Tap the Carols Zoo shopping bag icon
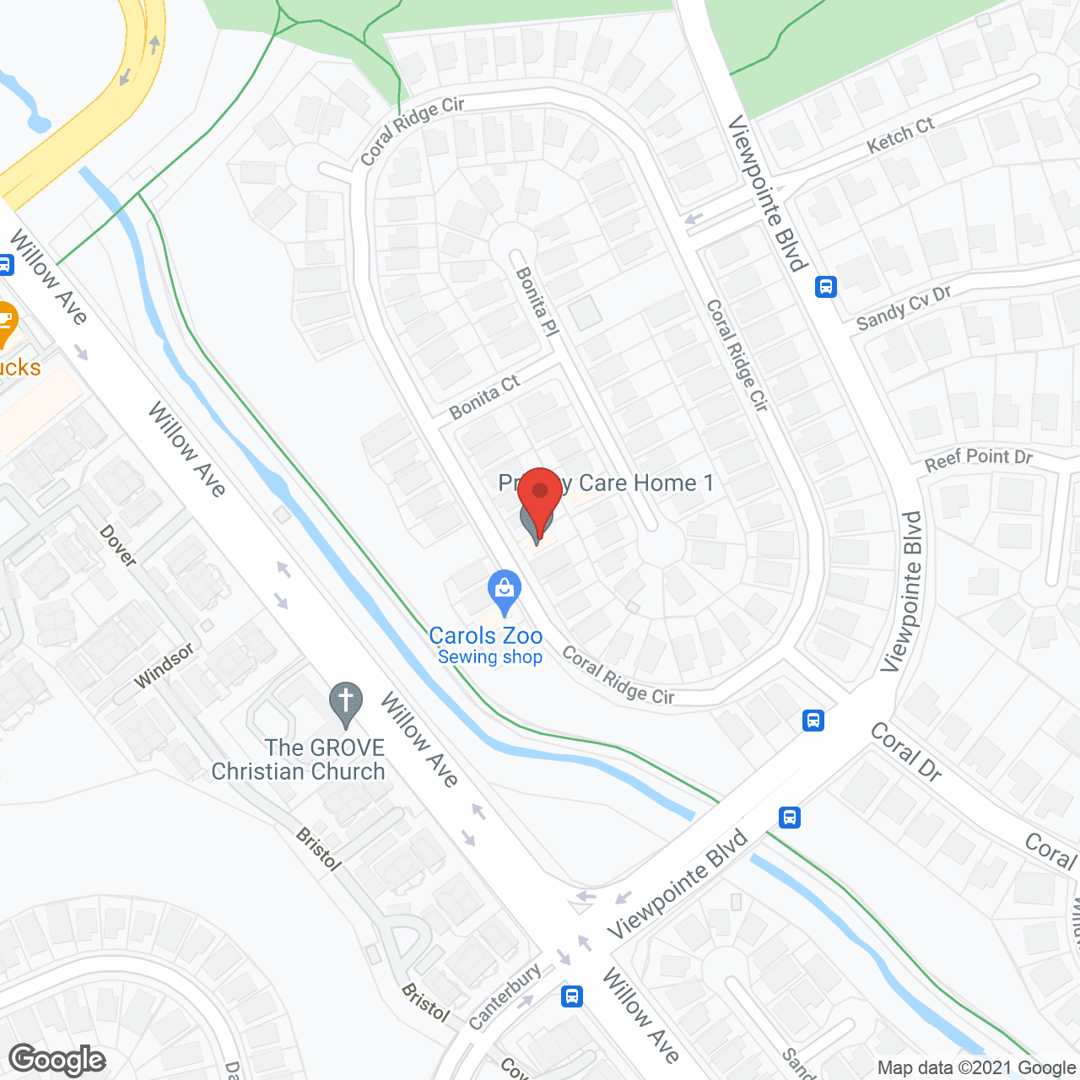[504, 591]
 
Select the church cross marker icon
[345, 703]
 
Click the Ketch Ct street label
[900, 135]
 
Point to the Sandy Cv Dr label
[903, 308]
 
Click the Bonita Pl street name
[537, 301]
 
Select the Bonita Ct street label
[484, 397]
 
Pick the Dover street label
[118, 546]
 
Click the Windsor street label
[164, 666]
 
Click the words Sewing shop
[489, 657]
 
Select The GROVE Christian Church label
[299, 759]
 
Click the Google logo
[57, 1060]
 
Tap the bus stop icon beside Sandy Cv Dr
[825, 287]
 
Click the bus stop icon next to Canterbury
[571, 996]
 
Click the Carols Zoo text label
[486, 635]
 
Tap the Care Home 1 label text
[645, 483]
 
